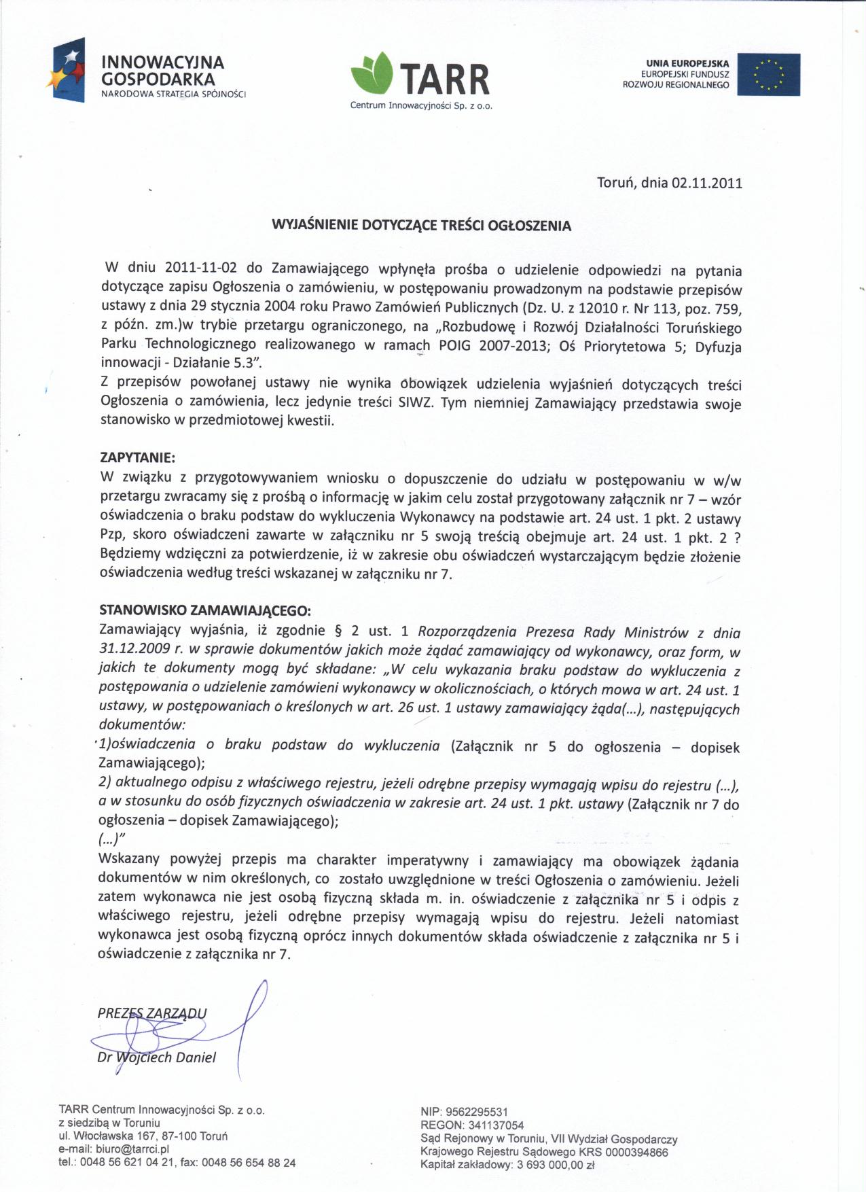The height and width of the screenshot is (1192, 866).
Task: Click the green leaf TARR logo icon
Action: (x=372, y=73)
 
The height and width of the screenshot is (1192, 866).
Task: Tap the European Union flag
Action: (x=768, y=74)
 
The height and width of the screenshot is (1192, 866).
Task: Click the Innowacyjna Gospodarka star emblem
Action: (x=67, y=70)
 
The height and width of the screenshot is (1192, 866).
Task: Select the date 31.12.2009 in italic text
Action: (x=134, y=649)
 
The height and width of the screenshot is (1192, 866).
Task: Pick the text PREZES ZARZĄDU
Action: (x=152, y=1013)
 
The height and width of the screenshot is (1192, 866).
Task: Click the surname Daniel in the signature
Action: (x=196, y=1057)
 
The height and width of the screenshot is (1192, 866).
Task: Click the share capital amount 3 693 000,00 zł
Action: (x=554, y=1165)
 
